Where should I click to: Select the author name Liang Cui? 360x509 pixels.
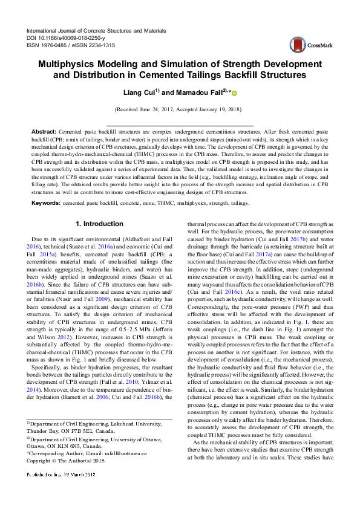(141, 92)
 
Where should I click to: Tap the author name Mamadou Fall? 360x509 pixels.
(201, 92)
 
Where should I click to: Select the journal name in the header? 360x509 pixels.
(96, 30)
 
